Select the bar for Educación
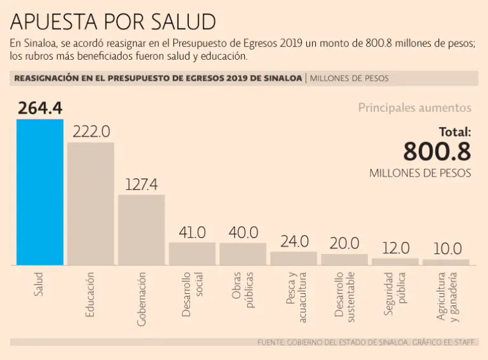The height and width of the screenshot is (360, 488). click(x=91, y=203)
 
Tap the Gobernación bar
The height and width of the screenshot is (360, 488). click(x=142, y=229)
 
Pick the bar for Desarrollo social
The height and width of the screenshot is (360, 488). click(x=192, y=253)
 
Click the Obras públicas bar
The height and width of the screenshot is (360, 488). click(x=243, y=254)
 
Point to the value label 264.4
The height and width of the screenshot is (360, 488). click(x=40, y=108)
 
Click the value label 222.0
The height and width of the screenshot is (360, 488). click(x=91, y=131)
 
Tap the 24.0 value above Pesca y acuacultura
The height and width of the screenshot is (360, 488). click(x=294, y=241)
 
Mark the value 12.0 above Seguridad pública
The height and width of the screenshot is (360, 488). click(x=396, y=248)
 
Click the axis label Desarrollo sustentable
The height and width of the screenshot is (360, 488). click(x=344, y=295)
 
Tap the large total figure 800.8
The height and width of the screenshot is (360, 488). click(x=437, y=152)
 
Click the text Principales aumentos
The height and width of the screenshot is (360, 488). click(x=414, y=108)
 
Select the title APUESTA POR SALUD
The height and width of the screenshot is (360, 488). click(x=113, y=22)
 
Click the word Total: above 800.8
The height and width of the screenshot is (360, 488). click(x=455, y=132)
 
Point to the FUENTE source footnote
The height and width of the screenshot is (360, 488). click(x=367, y=342)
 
